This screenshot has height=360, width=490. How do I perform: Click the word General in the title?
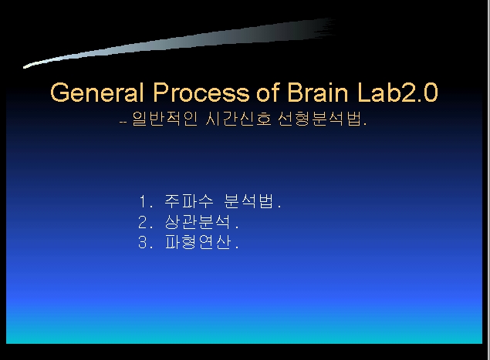(x=96, y=93)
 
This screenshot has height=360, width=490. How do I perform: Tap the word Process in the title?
(x=201, y=93)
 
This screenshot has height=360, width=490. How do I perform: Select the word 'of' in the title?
(x=268, y=93)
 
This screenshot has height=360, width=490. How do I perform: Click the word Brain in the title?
(x=317, y=93)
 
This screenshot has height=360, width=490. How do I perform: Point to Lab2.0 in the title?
(x=397, y=93)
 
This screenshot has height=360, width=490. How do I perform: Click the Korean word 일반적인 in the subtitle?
(x=164, y=119)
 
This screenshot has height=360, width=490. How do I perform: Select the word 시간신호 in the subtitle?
(x=238, y=119)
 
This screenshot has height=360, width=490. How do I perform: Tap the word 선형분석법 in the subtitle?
(x=319, y=119)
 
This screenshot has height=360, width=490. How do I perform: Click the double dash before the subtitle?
(x=123, y=122)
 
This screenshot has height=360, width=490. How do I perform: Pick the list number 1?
(x=143, y=201)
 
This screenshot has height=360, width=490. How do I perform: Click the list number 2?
(x=143, y=222)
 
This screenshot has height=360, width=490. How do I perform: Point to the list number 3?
(x=143, y=242)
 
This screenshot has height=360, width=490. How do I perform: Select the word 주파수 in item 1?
(x=189, y=201)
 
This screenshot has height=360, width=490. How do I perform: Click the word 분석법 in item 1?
(x=248, y=201)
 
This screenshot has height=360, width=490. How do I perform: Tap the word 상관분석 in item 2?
(x=198, y=222)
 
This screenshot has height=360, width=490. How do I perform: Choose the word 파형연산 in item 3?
(x=198, y=242)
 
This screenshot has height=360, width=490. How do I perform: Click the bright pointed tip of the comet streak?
(x=25, y=67)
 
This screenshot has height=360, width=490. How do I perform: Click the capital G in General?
(x=59, y=93)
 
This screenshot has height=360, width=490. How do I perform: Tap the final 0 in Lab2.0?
(x=431, y=93)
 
